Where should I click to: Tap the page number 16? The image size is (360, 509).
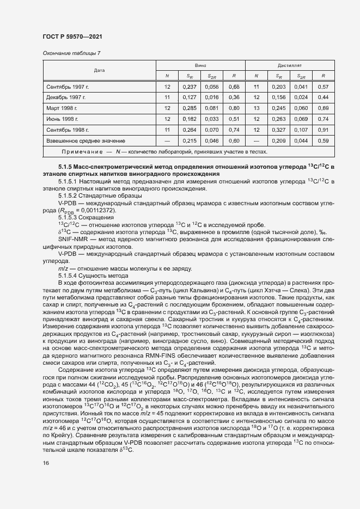tap(45, 478)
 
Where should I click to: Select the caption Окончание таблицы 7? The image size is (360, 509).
tap(71, 53)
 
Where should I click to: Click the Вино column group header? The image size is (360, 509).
tap(200, 65)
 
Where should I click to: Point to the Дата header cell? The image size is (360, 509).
tap(99, 70)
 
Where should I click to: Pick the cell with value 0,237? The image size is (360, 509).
tap(189, 87)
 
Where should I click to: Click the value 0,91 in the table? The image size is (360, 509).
tap(322, 130)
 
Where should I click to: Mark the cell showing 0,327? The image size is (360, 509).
tap(278, 130)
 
